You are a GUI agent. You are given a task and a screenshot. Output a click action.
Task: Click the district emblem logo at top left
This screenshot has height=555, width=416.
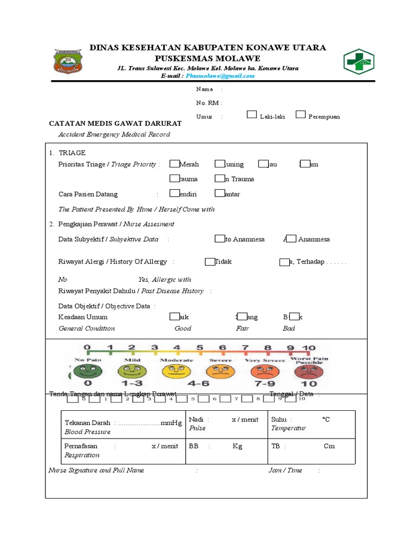(x=67, y=61)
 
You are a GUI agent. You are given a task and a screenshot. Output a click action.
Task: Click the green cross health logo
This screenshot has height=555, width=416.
(x=359, y=61)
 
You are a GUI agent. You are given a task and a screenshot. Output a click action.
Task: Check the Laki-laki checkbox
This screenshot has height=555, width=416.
(x=252, y=114)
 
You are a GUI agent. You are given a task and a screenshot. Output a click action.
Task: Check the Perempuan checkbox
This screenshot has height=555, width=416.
(x=301, y=114)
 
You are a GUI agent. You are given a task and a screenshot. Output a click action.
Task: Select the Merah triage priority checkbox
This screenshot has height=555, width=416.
(x=174, y=164)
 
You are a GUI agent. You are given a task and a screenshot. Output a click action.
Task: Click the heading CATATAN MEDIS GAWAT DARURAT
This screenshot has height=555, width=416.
(x=115, y=124)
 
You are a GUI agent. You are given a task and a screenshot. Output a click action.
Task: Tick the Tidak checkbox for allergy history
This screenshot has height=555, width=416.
(x=210, y=262)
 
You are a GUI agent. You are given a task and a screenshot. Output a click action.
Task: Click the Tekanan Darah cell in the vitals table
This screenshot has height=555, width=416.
(x=123, y=427)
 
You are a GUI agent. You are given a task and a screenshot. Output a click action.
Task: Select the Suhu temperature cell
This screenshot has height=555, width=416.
(x=313, y=423)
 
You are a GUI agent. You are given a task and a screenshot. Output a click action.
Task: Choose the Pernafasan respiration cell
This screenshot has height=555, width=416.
(x=123, y=450)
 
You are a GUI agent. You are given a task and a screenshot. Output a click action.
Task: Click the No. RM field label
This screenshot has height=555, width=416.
(x=209, y=103)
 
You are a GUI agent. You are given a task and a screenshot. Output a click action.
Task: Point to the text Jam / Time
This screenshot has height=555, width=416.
(x=285, y=470)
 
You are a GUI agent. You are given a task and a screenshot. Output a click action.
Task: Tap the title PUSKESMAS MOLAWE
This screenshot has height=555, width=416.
(x=207, y=59)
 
